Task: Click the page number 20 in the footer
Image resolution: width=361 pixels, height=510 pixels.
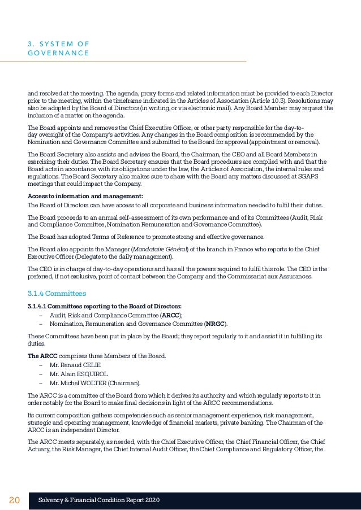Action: (x=14, y=500)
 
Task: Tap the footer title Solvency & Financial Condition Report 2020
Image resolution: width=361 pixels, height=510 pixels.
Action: (x=98, y=500)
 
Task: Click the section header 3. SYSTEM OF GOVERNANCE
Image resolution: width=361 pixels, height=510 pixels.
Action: (x=58, y=48)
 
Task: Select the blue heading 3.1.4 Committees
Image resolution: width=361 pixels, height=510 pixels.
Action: (x=57, y=294)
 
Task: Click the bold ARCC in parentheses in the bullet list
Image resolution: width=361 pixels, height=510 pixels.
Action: (x=169, y=315)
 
